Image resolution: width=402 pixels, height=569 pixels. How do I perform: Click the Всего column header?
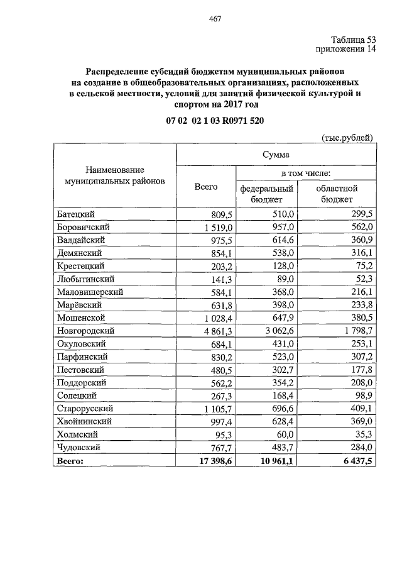(205, 187)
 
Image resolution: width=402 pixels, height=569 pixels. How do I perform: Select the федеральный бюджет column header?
(266, 193)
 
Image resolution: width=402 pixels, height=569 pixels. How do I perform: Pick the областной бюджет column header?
(337, 193)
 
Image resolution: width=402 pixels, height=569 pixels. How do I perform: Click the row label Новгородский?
(85, 330)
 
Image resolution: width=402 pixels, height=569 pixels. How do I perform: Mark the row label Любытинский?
(85, 279)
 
